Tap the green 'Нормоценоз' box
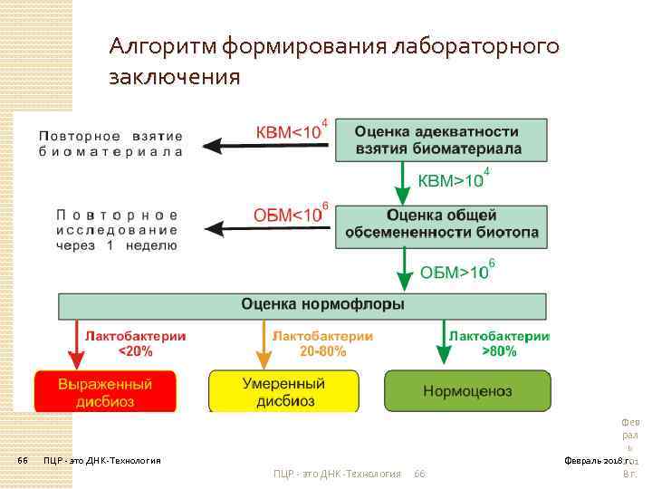tap(465, 391)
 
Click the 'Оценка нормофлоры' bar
tap(303, 304)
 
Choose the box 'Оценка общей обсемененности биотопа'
tap(441, 225)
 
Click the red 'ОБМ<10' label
tap(288, 216)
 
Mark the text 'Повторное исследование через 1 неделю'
tap(117, 229)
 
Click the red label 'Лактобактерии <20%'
tap(136, 342)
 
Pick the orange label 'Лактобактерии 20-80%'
tap(322, 342)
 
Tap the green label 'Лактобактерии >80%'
tap(499, 342)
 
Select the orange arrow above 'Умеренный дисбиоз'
tap(264, 342)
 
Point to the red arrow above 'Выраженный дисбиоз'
tap(75, 342)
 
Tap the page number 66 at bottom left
tap(24, 460)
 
